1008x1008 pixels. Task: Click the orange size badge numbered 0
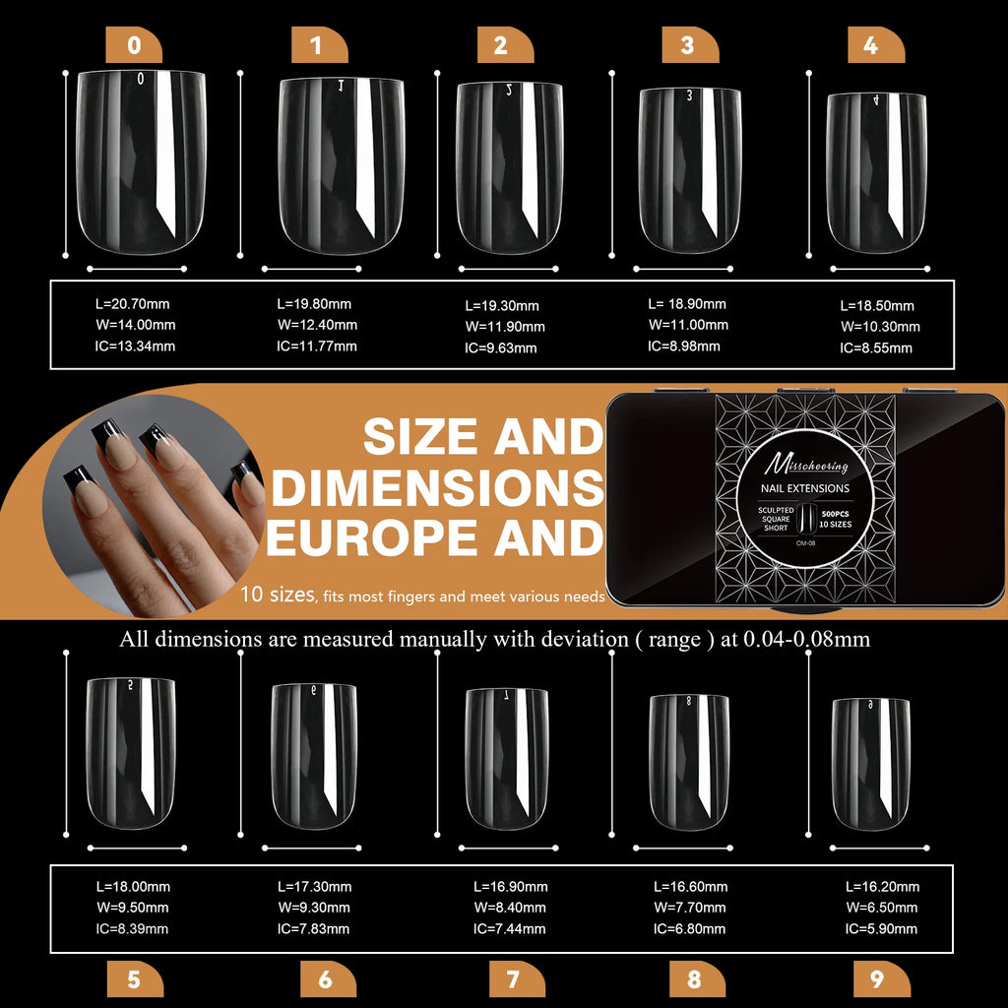(134, 45)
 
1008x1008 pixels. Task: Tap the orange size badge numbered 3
(686, 45)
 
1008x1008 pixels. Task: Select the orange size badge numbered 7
(513, 978)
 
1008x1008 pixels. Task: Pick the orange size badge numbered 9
(876, 978)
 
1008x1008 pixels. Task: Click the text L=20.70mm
(133, 304)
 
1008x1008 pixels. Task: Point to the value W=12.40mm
(317, 325)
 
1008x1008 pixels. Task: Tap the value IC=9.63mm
(501, 347)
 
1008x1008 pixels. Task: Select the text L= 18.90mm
(687, 304)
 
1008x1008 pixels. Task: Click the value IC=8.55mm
(875, 347)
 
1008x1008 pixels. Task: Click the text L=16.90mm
(511, 887)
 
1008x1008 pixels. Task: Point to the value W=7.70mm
(690, 908)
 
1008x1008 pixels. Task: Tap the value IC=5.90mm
(881, 928)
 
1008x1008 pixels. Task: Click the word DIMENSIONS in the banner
(434, 487)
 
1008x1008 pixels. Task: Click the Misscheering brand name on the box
(806, 464)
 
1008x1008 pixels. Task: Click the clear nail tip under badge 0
(141, 157)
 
